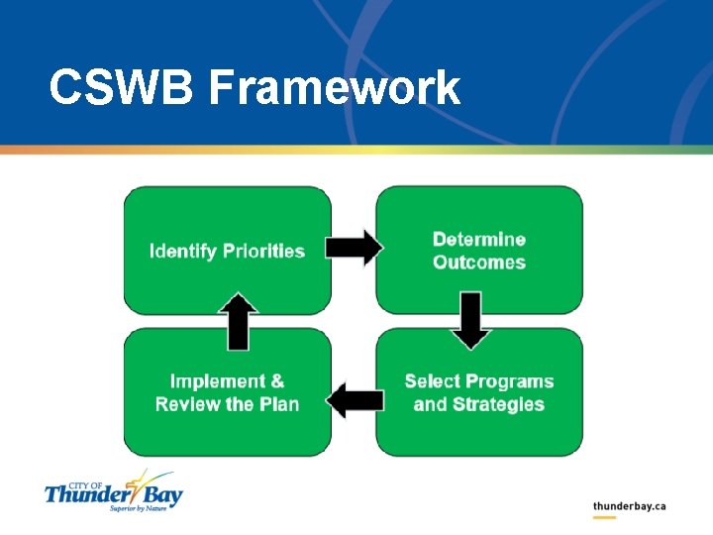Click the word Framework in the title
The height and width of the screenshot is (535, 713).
[335, 88]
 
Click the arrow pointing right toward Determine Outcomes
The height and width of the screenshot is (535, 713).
[354, 248]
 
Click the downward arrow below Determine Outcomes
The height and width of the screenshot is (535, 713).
[470, 320]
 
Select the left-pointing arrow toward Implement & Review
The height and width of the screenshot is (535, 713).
[355, 401]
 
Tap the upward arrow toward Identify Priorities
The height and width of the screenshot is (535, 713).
[238, 321]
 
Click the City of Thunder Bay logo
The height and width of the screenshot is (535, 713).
[113, 490]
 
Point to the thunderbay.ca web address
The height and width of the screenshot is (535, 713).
[629, 506]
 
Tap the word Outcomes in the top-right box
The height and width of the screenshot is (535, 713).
[479, 263]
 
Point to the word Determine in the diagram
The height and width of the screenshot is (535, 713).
[479, 240]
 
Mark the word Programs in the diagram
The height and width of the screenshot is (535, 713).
[509, 381]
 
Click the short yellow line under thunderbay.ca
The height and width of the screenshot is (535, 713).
[604, 518]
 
